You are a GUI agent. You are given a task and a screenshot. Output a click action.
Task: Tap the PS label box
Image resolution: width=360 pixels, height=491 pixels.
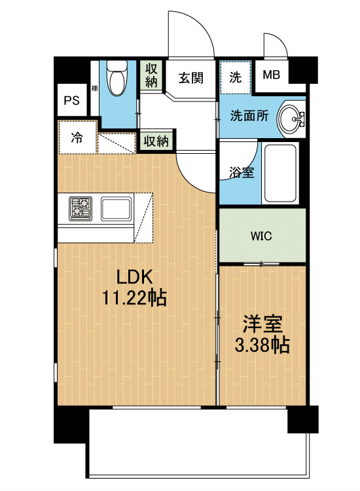coord(71,101)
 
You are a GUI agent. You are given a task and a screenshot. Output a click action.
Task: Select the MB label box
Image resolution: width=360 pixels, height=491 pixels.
coord(271,74)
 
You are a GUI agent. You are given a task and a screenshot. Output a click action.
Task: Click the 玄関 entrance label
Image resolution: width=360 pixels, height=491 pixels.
coord(190,77)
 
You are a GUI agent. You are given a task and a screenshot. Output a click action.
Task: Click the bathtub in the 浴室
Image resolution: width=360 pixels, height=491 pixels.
coord(281,173)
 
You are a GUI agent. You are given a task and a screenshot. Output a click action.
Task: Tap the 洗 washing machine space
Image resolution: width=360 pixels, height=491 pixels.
coord(235,76)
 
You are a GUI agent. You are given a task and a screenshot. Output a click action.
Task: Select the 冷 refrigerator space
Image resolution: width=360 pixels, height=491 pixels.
coord(77,138)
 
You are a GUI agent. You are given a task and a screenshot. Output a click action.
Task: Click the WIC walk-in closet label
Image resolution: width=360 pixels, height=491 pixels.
coord(262,236)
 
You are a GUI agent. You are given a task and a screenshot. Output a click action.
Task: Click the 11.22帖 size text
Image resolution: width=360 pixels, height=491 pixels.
coord(134,299)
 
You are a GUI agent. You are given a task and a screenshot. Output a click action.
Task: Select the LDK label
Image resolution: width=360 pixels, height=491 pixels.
coord(134,276)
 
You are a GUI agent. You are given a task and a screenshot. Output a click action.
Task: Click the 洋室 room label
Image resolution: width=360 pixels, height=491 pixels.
coord(262,324)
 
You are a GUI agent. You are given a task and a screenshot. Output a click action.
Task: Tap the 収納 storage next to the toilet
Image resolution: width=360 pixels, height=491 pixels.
coord(151,74)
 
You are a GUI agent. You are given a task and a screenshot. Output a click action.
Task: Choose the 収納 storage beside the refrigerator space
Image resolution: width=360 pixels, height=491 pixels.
coord(156,141)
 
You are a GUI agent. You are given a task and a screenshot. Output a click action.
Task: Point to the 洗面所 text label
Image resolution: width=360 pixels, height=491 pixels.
coord(248,116)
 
